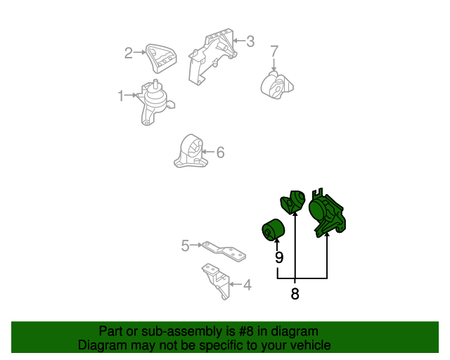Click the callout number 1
(121, 96)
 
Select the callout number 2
(128, 53)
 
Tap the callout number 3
(250, 41)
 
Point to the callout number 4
(247, 285)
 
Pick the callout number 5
(186, 245)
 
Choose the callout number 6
(220, 152)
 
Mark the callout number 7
(274, 51)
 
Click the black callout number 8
(295, 294)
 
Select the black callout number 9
(279, 257)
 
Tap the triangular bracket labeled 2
(161, 58)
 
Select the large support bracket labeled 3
(212, 56)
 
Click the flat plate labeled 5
(224, 252)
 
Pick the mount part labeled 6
(191, 151)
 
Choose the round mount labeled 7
(277, 85)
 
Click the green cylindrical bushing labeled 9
(274, 230)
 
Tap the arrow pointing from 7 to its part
(274, 65)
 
